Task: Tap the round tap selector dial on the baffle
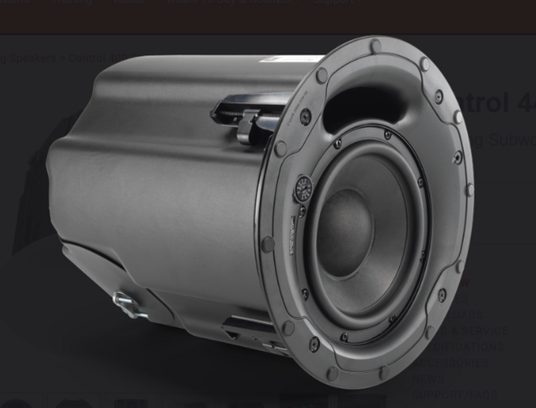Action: [303, 188]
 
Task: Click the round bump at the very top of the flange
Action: [375, 46]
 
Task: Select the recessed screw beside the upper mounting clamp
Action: [306, 117]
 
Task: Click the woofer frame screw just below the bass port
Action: [387, 135]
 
